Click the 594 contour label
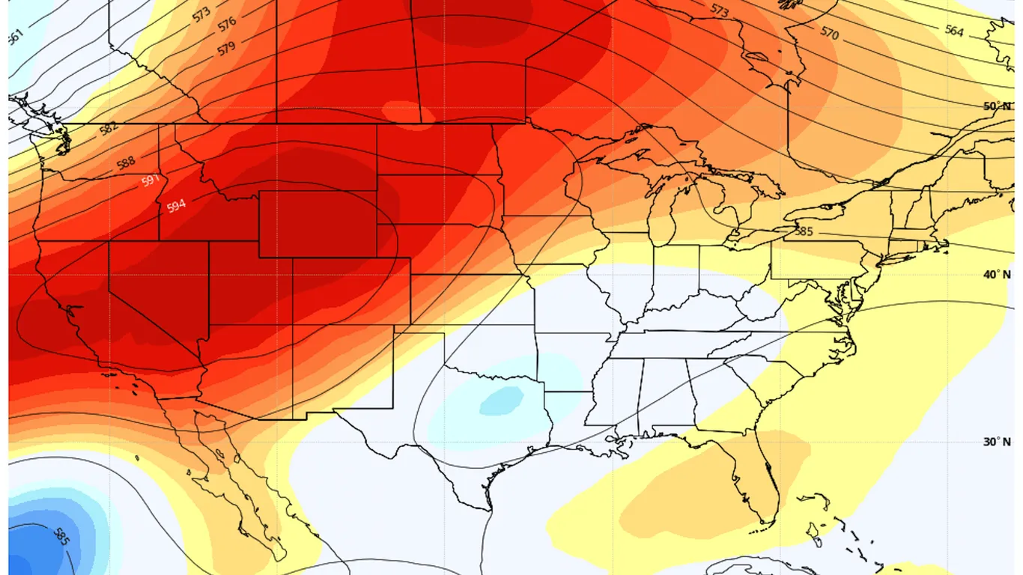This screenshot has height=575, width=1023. (x=176, y=205)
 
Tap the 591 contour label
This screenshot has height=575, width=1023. (x=151, y=181)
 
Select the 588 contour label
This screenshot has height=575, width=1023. (x=127, y=162)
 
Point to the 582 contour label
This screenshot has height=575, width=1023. (x=109, y=129)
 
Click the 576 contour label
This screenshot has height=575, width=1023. (x=227, y=25)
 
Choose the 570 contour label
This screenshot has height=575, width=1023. (x=829, y=32)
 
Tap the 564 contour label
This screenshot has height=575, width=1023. (x=954, y=31)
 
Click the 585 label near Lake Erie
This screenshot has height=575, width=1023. (x=803, y=232)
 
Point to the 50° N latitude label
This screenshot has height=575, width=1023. (x=996, y=106)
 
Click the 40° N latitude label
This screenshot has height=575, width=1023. (x=996, y=275)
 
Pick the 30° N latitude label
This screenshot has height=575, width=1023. (x=996, y=442)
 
